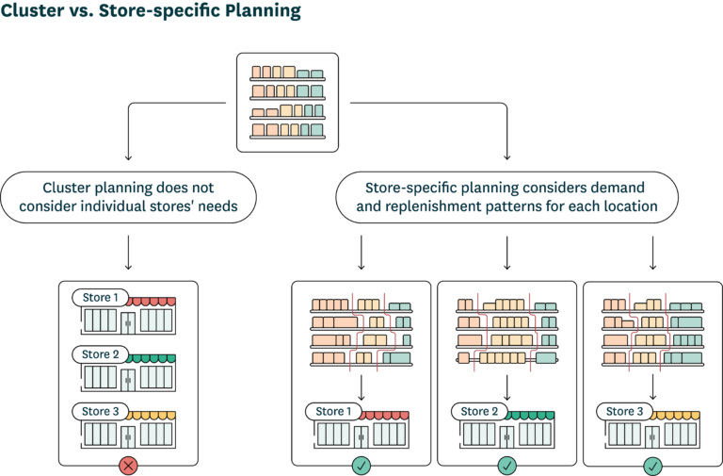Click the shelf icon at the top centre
(287, 103)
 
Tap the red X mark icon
(128, 465)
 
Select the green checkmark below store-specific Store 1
(361, 465)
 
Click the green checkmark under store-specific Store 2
(506, 465)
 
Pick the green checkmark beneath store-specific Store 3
(652, 465)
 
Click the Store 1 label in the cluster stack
(100, 298)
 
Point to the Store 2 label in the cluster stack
(100, 354)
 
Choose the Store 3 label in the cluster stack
(100, 411)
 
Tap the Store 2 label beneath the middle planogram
(480, 411)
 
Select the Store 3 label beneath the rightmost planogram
(626, 411)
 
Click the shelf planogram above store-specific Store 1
(361, 332)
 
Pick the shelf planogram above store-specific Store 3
(652, 332)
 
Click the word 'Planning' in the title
(257, 11)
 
